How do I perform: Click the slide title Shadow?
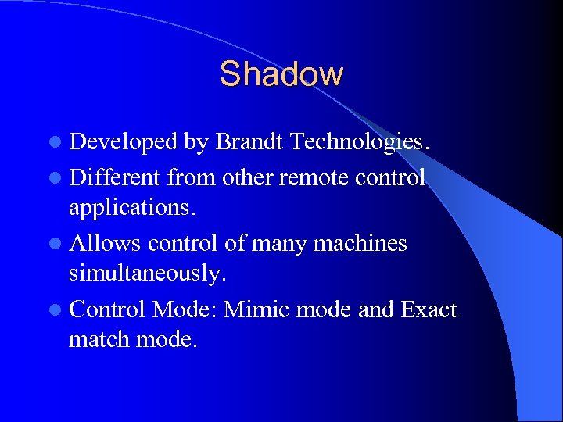pyautogui.click(x=281, y=74)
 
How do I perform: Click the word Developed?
pyautogui.click(x=124, y=142)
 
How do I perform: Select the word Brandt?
pyautogui.click(x=249, y=142)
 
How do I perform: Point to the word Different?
pyautogui.click(x=116, y=177)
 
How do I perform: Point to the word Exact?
pyautogui.click(x=429, y=309)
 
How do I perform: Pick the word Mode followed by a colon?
pyautogui.click(x=185, y=309)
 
